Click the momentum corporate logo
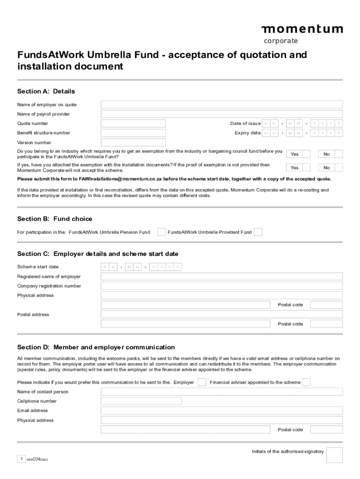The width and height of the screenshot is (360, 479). (302, 34)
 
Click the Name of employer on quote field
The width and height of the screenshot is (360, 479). (222, 105)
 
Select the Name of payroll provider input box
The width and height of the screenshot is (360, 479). (222, 114)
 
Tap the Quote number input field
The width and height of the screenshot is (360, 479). (133, 123)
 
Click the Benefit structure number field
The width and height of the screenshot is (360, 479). (133, 133)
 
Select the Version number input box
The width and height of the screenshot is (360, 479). (133, 143)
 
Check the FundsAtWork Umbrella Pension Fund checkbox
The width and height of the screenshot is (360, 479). (161, 232)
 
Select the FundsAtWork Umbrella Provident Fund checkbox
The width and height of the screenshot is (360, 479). (258, 232)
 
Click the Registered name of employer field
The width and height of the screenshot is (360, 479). (222, 276)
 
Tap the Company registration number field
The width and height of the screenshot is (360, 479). (222, 286)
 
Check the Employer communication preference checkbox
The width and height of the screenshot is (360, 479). (202, 382)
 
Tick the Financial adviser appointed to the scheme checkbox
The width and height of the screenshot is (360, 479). (306, 382)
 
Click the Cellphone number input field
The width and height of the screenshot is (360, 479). (141, 401)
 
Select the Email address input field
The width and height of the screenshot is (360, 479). (222, 411)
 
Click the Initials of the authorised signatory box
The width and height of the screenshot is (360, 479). (334, 455)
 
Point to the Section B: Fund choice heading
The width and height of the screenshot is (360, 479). (55, 219)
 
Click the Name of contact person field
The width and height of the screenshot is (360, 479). (222, 392)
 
